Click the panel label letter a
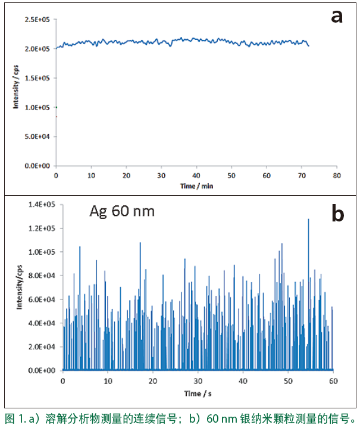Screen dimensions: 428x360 tap(337, 16)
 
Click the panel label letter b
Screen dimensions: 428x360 tap(337, 214)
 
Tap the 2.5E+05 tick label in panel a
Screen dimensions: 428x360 tap(37, 20)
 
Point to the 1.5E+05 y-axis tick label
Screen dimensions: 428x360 tap(37, 78)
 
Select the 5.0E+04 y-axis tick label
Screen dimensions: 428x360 tap(37, 136)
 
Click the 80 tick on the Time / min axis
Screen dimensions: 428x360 tap(336, 176)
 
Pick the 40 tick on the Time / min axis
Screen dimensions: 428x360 tap(196, 176)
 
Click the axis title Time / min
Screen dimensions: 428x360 tap(196, 186)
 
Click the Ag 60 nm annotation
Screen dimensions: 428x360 tap(121, 211)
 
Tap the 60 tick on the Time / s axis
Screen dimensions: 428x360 tap(333, 382)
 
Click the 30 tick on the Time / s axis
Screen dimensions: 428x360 tap(198, 382)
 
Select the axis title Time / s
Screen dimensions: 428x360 tap(198, 394)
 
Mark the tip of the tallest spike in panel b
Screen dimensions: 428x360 tap(308, 220)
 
